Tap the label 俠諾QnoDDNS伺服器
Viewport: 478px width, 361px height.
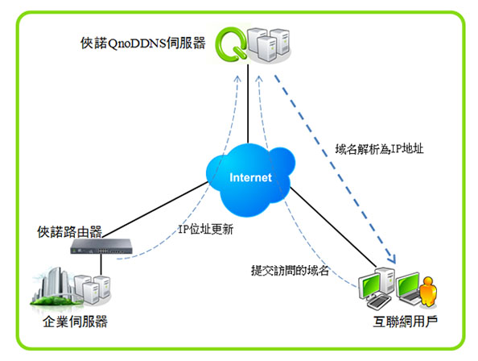pyautogui.click(x=143, y=43)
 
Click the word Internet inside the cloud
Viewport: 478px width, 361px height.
pyautogui.click(x=250, y=177)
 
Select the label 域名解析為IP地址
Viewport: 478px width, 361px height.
pyautogui.click(x=379, y=149)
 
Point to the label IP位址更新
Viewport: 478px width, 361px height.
pyautogui.click(x=206, y=229)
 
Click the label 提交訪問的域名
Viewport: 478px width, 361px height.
pyautogui.click(x=291, y=271)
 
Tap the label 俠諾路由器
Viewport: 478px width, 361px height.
pyautogui.click(x=70, y=232)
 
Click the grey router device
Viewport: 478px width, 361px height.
pyautogui.click(x=101, y=247)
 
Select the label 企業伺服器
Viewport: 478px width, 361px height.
pyautogui.click(x=76, y=322)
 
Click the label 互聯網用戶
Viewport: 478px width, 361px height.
pyautogui.click(x=406, y=322)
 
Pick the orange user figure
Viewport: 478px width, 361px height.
pyautogui.click(x=428, y=292)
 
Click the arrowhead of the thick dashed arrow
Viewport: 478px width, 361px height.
pyautogui.click(x=391, y=258)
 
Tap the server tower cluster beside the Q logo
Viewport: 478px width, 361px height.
pyautogui.click(x=269, y=44)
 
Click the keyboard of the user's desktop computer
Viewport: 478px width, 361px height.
pyautogui.click(x=378, y=302)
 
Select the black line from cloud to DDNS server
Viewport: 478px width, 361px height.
pyautogui.click(x=248, y=104)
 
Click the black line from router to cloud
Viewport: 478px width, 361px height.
pyautogui.click(x=155, y=210)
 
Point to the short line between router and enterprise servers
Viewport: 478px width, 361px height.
pyautogui.click(x=101, y=264)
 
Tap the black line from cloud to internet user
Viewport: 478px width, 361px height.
pyautogui.click(x=333, y=227)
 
